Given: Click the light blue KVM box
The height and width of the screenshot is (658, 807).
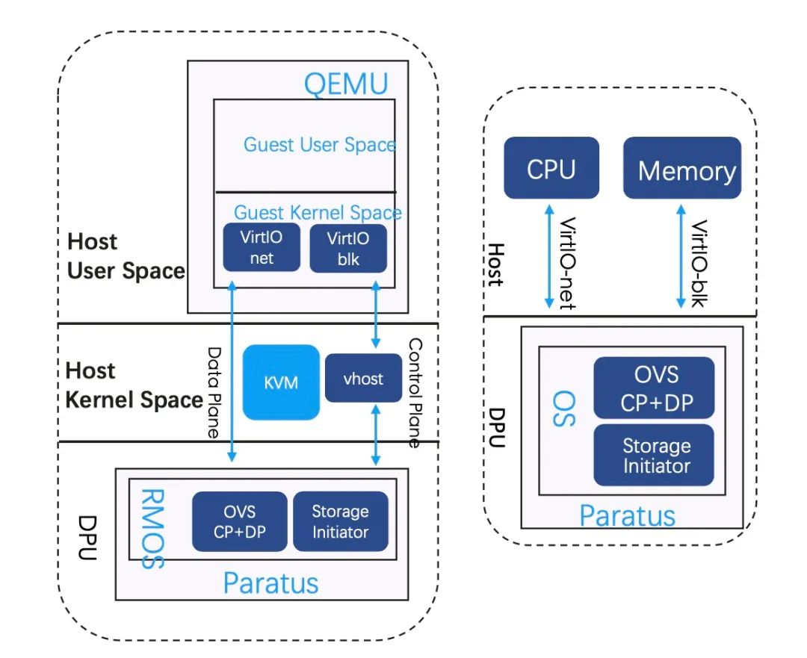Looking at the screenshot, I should (x=281, y=382).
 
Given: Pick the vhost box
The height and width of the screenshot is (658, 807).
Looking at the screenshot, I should (x=363, y=379).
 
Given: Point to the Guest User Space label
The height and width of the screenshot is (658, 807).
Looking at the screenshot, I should (x=319, y=144).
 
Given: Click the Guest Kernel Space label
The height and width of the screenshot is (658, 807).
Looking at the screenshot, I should (x=318, y=212).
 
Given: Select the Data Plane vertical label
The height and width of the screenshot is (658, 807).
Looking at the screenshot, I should (x=214, y=391).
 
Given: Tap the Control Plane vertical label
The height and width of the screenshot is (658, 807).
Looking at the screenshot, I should (x=413, y=393).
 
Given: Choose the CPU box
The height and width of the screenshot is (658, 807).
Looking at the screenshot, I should (x=551, y=168).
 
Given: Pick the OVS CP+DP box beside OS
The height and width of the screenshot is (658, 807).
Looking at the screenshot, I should (x=654, y=387).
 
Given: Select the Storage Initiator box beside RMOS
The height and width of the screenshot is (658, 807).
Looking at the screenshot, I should (x=340, y=521).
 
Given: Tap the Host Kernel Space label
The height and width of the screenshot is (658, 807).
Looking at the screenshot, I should (x=134, y=385).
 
